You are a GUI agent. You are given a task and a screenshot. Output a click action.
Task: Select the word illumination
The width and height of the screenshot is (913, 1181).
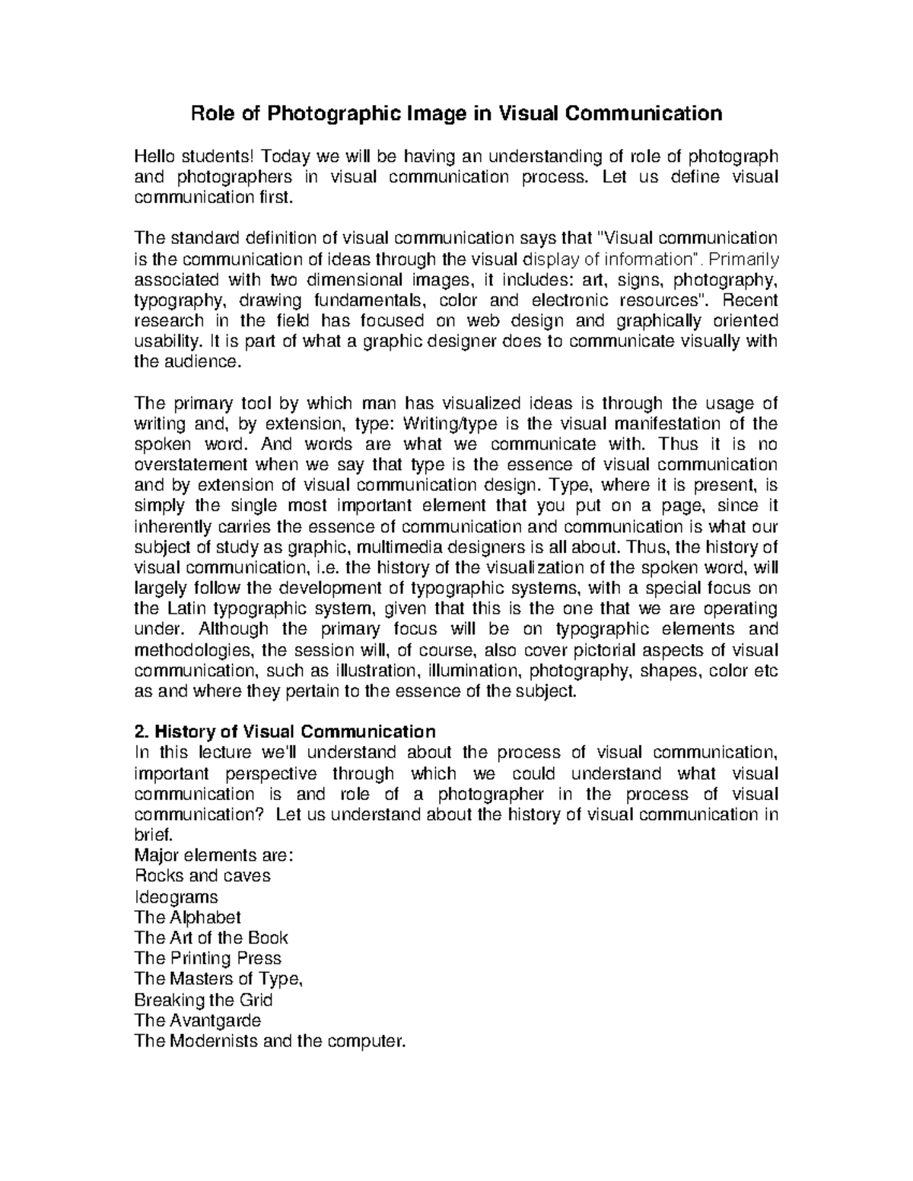coord(474,671)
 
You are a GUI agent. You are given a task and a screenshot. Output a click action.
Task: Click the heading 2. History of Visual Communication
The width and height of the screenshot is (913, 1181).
coord(285,732)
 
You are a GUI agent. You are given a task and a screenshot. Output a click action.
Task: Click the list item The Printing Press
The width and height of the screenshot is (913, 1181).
coord(208,958)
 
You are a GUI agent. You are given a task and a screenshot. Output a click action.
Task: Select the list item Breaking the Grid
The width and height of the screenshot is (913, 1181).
coord(203,999)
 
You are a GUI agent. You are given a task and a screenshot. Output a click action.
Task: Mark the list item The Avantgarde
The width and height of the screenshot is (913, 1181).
coord(197,1020)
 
